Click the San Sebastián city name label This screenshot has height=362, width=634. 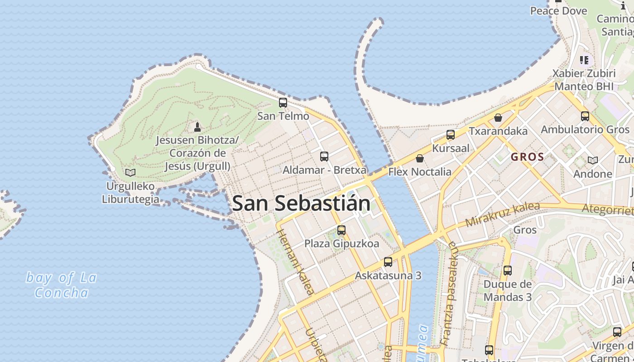coord(301,204)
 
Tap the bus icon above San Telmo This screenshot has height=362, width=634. coord(283,103)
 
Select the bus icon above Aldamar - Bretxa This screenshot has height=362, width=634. coord(324,157)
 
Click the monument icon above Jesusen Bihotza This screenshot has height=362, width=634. coord(197,127)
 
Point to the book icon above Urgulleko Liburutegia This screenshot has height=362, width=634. coord(130,172)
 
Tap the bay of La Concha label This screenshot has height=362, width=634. coord(61,285)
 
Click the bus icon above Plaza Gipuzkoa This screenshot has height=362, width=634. coord(341,230)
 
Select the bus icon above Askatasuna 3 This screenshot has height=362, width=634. coord(388,262)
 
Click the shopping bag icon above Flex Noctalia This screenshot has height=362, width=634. coord(420,158)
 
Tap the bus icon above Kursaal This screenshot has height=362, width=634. coord(451,134)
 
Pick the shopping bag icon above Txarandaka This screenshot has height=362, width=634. coord(498,118)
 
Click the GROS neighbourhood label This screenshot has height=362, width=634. coord(527,157)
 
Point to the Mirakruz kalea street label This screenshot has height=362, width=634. coord(503,214)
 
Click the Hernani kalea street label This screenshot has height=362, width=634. coord(295,262)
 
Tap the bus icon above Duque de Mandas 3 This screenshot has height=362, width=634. coord(508,271)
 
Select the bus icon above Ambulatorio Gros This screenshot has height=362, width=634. coord(585,116)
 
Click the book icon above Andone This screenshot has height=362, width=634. coord(592,160)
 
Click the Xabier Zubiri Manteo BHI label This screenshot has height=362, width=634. coord(584,80)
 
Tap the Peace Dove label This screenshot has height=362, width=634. coord(558,11)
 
